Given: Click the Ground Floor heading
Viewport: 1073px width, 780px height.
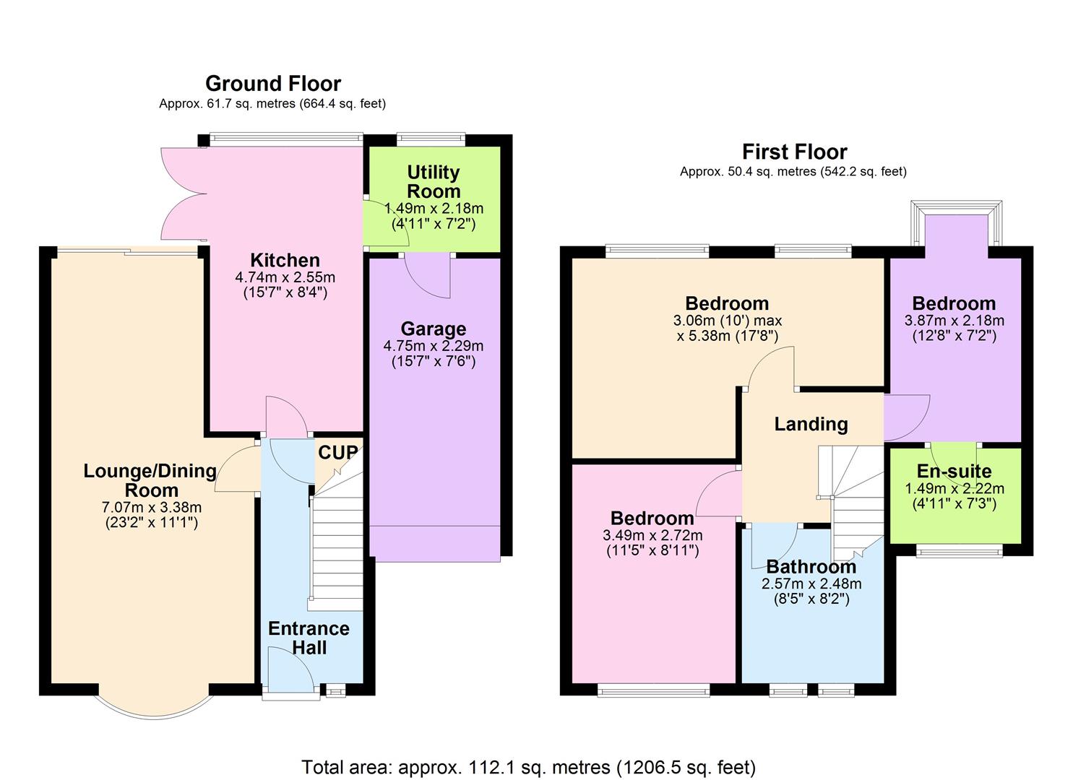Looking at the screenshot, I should point(272,84).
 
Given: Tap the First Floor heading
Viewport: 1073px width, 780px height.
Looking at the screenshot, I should point(794,152).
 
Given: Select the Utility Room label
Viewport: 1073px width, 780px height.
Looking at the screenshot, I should point(433,181).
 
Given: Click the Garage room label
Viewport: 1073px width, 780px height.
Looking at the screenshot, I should point(433,329).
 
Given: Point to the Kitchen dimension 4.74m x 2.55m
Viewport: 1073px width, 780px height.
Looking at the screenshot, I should point(285,277).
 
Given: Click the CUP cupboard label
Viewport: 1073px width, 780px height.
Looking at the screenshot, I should point(337,453).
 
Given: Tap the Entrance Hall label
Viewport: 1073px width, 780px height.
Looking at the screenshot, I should point(309,638).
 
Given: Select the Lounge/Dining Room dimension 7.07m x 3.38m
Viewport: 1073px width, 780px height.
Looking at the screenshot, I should point(151,507).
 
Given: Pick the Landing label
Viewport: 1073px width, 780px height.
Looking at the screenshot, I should point(811,424).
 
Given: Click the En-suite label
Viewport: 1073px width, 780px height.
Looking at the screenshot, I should point(954,472).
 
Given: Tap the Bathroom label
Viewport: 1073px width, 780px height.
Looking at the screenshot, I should point(811,567).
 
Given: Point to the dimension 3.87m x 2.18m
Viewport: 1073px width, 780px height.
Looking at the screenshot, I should point(954,321).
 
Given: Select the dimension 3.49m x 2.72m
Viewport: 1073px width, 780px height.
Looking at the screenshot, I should point(652,535).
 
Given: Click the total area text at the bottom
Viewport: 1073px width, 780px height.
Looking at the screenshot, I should point(528,766).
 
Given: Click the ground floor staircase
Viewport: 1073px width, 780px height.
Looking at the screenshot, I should point(337,549).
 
